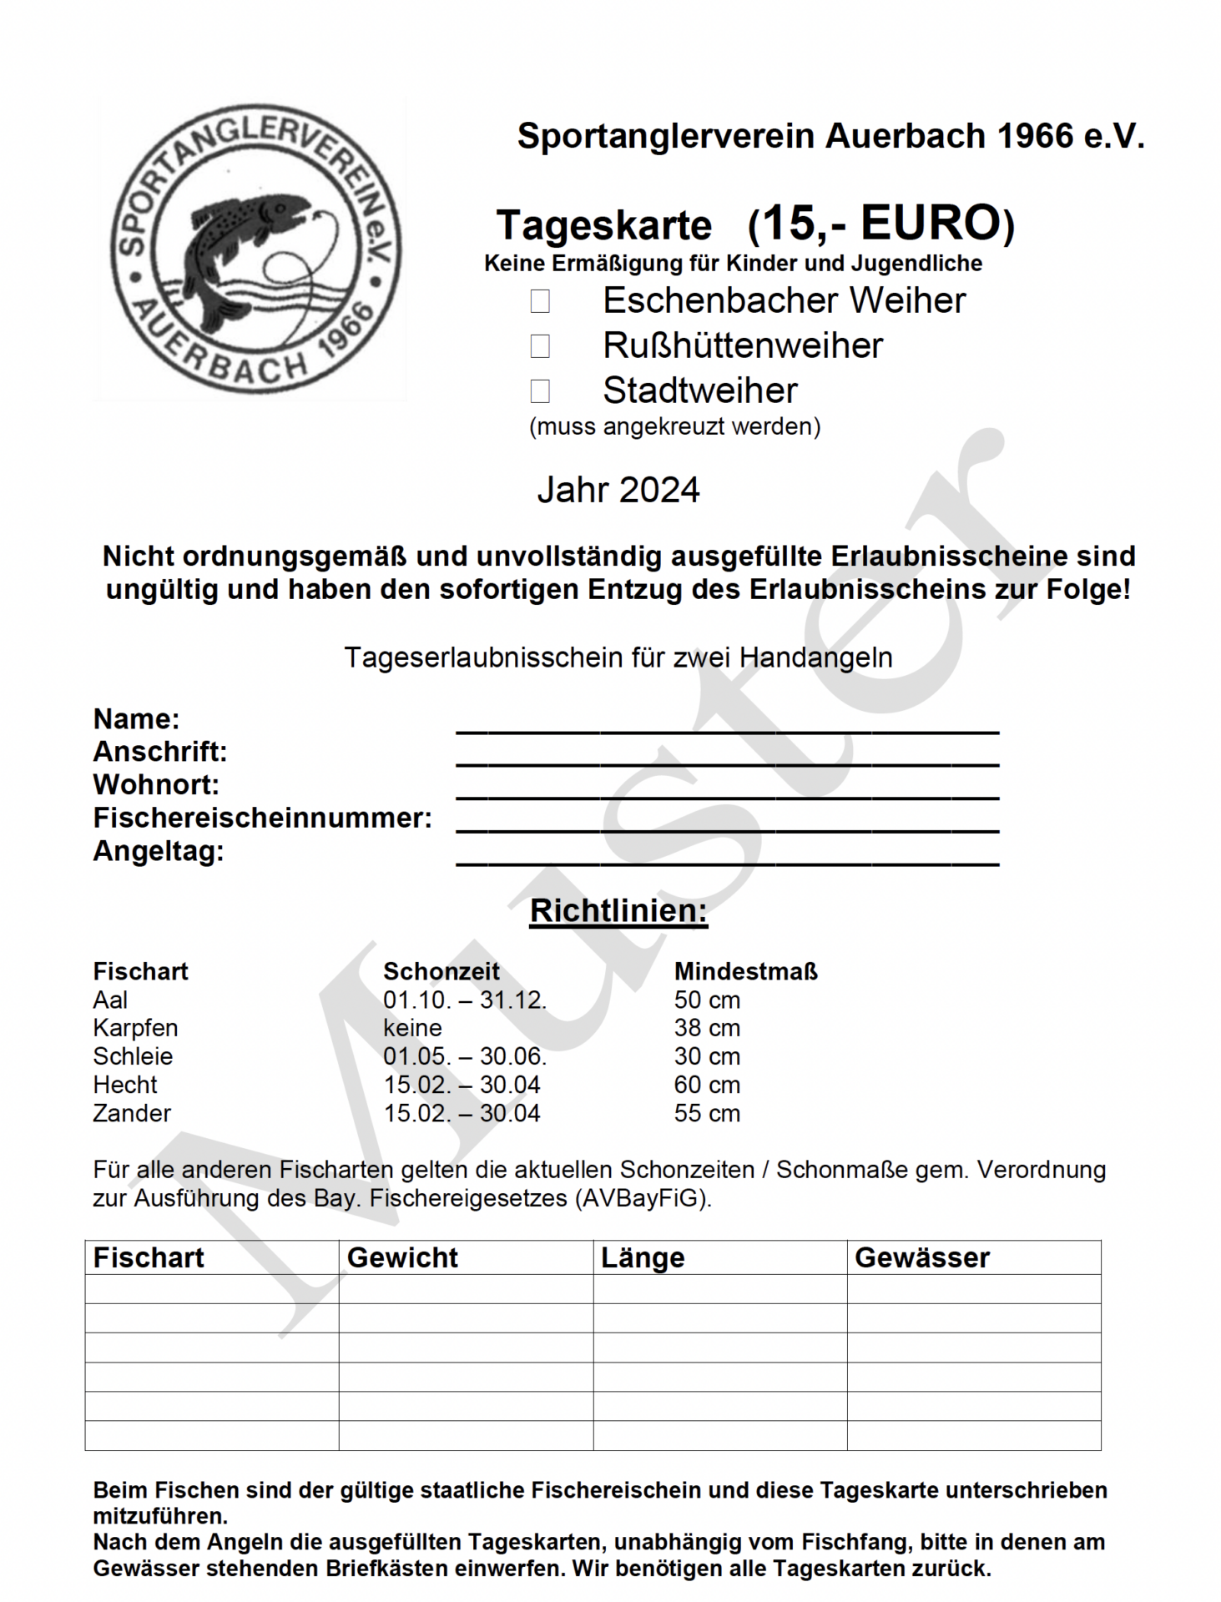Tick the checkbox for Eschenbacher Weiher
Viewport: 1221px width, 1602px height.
(x=540, y=301)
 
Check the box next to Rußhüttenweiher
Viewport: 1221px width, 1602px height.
(x=540, y=345)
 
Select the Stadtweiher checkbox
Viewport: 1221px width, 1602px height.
(x=540, y=390)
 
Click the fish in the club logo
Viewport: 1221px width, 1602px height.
(x=242, y=242)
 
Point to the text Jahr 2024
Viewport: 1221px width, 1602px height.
(x=618, y=490)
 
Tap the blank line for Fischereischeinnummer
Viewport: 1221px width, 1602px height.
(x=726, y=823)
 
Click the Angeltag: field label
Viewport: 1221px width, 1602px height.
(x=159, y=851)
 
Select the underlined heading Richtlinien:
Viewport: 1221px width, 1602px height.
(x=618, y=910)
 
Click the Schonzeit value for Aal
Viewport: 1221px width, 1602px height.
(x=465, y=1000)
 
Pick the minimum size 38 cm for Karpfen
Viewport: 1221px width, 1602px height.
(x=707, y=1028)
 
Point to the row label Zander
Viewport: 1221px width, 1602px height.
(x=132, y=1113)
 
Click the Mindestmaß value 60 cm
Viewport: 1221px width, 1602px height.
(x=707, y=1085)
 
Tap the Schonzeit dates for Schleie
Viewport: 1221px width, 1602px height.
(x=465, y=1056)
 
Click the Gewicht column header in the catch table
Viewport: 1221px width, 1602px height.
(x=402, y=1257)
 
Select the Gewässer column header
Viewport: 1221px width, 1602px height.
(x=921, y=1257)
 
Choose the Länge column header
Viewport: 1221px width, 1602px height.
(x=643, y=1257)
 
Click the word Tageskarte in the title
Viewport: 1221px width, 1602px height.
(x=604, y=225)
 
